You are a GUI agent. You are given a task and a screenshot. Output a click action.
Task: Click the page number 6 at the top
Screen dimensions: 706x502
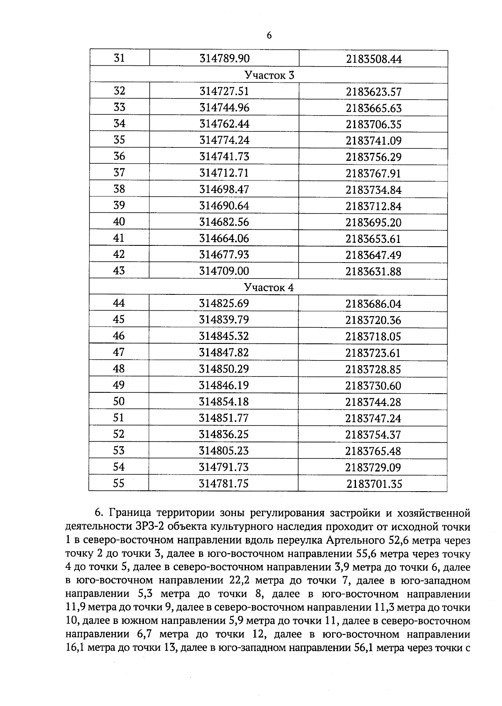click(269, 36)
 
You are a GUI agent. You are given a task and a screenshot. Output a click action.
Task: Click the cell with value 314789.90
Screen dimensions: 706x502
click(224, 59)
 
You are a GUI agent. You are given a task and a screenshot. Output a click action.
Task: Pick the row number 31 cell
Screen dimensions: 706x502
click(119, 58)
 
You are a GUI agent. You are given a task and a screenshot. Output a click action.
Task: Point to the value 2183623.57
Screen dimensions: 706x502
click(374, 92)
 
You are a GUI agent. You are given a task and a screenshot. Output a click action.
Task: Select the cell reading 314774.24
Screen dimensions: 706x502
click(224, 140)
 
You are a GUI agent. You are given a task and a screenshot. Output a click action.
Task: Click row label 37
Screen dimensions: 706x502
click(119, 173)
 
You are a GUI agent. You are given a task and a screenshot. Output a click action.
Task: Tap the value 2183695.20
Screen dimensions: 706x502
click(374, 222)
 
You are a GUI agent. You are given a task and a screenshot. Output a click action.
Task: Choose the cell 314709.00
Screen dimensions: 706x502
click(224, 271)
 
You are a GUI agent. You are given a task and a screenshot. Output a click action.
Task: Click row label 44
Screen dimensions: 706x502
click(119, 303)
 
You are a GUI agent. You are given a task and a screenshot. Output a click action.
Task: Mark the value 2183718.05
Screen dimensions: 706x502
click(373, 337)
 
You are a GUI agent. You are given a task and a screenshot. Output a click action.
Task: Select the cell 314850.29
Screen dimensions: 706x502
click(224, 369)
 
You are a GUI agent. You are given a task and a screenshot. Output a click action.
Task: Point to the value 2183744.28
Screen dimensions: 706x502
click(373, 402)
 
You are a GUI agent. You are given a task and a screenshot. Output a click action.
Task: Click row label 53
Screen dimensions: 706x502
click(119, 451)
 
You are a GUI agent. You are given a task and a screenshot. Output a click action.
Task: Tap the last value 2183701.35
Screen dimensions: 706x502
click(374, 484)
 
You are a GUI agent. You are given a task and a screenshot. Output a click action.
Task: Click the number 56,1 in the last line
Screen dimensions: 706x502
click(362, 648)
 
